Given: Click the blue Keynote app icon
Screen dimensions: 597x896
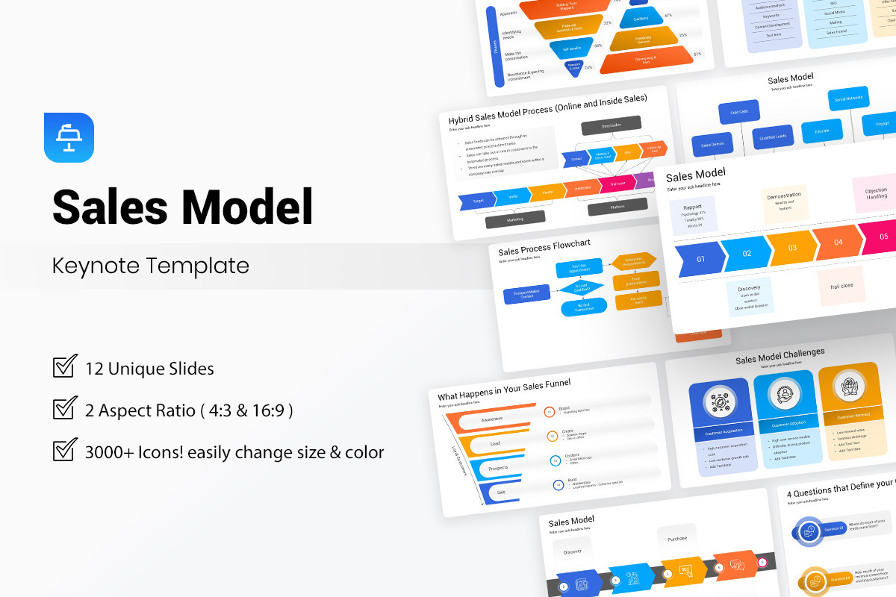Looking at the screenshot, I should coord(69,137).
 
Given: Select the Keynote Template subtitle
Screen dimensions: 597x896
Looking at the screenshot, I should coord(151,265).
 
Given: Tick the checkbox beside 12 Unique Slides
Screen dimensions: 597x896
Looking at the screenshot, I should coord(65,367).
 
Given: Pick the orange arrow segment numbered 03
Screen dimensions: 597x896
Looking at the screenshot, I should coord(791,248).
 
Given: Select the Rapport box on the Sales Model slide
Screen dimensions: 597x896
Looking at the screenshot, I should coord(693,213).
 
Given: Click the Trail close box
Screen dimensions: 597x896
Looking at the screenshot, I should coord(841,286).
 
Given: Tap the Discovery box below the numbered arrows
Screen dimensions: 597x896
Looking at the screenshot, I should coord(749,296).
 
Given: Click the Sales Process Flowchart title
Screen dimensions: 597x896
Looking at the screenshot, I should coord(544,246).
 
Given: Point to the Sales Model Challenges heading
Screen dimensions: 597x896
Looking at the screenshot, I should coord(780,356).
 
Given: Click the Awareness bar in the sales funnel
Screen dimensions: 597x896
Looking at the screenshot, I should coord(491,419).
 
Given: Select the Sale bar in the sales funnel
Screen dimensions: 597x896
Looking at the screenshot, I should coord(502,492).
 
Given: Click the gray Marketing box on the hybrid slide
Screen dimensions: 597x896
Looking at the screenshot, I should coord(514,220).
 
